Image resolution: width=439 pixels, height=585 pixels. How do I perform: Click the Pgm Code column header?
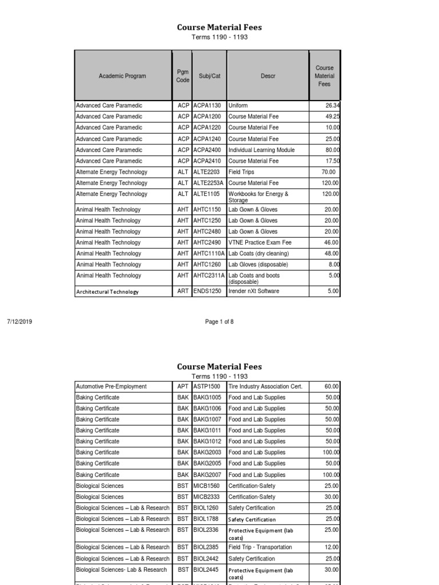182,76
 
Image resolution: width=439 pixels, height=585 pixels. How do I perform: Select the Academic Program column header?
122,76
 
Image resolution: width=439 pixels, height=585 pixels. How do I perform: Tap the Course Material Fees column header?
324,76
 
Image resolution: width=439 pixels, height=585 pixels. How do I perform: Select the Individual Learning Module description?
261,150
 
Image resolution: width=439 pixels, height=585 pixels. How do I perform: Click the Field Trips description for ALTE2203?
241,172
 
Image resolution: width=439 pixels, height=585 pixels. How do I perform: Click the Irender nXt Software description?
254,292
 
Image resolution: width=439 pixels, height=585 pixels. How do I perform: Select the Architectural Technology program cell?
107,292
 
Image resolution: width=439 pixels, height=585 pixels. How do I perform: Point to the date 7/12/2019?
19,322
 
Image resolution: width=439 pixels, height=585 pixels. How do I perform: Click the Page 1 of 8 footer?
219,322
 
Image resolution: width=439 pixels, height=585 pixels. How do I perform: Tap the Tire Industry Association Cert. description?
265,387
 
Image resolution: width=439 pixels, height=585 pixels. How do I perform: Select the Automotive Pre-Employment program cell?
111,387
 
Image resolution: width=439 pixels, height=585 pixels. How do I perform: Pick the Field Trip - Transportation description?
260,547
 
